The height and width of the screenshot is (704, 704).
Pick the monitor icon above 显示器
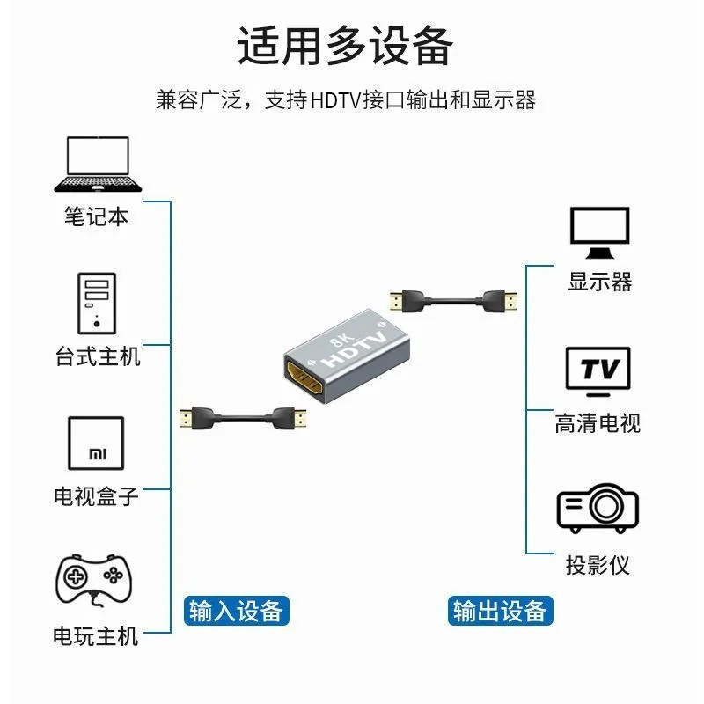[x=599, y=232]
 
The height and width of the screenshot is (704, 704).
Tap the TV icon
[x=599, y=369]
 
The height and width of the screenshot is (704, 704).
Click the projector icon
[x=598, y=508]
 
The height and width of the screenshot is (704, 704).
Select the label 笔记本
[x=96, y=216]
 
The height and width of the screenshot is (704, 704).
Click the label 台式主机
[x=97, y=356]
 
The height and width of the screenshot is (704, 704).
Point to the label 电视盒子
[x=96, y=495]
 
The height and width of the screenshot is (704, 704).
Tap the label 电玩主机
[x=96, y=634]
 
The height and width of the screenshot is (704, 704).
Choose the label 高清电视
[x=598, y=423]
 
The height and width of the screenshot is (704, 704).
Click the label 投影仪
[x=598, y=564]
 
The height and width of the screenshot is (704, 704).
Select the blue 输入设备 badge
[x=237, y=610]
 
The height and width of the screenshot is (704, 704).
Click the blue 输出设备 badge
[x=500, y=610]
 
